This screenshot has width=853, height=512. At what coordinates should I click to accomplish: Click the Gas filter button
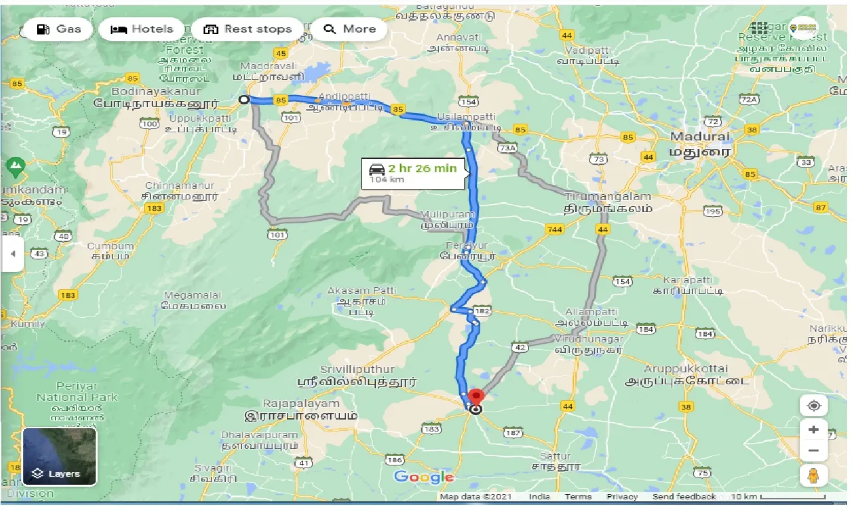[x=58, y=29]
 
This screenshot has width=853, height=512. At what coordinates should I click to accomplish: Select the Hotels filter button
[x=142, y=29]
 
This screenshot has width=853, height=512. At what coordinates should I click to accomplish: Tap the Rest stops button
[x=248, y=29]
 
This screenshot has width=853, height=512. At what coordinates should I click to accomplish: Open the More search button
[x=350, y=29]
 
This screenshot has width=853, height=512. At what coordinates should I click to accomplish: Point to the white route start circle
[x=244, y=100]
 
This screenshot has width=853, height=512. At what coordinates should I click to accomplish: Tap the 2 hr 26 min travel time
[x=423, y=168]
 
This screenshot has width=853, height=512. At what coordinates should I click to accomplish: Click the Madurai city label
[x=700, y=136]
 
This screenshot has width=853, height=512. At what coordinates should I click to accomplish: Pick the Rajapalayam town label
[x=301, y=403]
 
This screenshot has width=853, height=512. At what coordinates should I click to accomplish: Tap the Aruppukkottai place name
[x=686, y=368]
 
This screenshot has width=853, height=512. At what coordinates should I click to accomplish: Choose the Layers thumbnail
[x=60, y=456]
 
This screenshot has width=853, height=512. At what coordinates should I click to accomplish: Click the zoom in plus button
[x=814, y=430]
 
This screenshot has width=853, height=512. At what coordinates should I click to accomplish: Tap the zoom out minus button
[x=814, y=451]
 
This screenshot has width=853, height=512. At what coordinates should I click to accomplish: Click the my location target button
[x=814, y=406]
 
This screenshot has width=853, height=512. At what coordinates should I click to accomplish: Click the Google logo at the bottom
[x=423, y=477]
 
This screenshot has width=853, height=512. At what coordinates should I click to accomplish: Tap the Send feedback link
[x=684, y=497]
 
